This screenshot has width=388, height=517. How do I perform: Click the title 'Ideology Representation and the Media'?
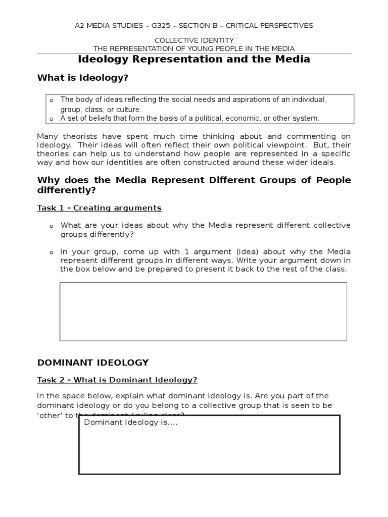tap(194, 60)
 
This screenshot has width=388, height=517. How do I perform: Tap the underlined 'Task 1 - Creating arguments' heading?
tap(100, 208)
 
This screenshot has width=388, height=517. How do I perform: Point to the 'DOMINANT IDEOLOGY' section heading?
tap(93, 363)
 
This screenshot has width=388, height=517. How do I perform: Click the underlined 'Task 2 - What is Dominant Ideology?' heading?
tap(117, 380)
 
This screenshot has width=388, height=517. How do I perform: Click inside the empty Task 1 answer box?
tap(203, 311)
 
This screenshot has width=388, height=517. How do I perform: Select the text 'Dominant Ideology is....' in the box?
tap(130, 423)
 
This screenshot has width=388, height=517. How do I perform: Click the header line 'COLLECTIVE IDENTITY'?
tap(194, 40)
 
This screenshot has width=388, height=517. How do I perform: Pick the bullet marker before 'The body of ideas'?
tap(51, 100)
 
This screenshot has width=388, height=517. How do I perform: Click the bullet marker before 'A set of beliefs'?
tap(51, 119)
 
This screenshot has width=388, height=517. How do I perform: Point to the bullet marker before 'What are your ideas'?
tap(51, 226)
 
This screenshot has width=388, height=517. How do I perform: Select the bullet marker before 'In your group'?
tap(51, 252)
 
